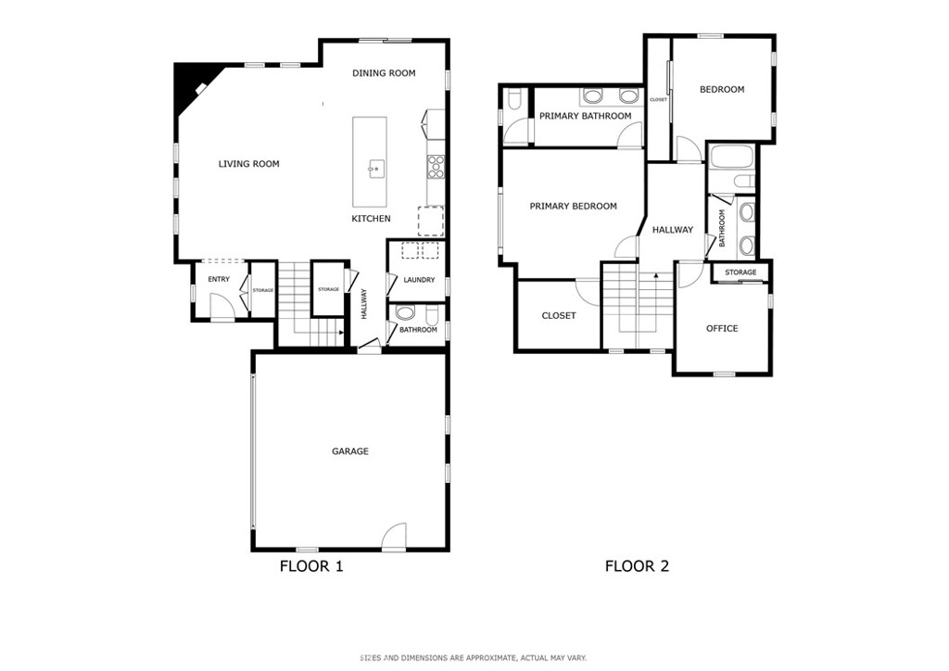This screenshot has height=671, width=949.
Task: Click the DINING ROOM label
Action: [x=384, y=73]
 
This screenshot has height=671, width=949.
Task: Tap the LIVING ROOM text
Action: [x=248, y=164]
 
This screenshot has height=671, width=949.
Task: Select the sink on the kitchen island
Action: [x=376, y=168]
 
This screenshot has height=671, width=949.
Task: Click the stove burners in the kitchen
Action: [x=435, y=167]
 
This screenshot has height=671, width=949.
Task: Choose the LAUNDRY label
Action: [x=419, y=280]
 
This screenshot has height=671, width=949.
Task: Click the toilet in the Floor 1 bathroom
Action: [x=405, y=314]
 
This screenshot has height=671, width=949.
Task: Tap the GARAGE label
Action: [x=350, y=451]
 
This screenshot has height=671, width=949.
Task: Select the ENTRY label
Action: [x=219, y=280]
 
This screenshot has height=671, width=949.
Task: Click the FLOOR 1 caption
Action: [x=311, y=566]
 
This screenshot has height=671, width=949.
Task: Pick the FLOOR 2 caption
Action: [x=637, y=566]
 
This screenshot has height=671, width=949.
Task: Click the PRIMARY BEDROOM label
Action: [x=573, y=207]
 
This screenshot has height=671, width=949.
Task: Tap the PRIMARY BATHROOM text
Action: [x=586, y=116]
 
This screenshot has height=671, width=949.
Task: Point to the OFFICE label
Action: [x=722, y=328]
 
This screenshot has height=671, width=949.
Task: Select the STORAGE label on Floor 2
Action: [x=740, y=272]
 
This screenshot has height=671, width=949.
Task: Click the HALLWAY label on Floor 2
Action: [x=672, y=230]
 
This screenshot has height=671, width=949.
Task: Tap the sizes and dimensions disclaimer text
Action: [x=474, y=658]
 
